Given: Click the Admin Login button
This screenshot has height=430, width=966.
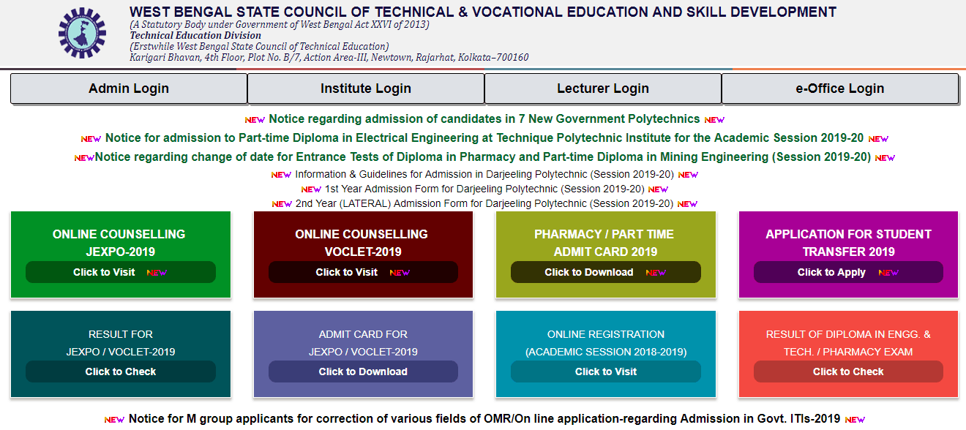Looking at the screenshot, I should pos(129,88).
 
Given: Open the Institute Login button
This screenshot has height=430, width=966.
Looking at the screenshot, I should pos(366,88).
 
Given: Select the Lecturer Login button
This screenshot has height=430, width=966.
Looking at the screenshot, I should pos(603,88).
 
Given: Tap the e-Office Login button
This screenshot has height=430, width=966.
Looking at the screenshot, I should pos(840,88).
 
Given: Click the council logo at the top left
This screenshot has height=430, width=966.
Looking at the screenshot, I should pos(82,33).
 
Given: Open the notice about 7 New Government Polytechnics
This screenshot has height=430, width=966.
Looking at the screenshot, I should pos(484,119).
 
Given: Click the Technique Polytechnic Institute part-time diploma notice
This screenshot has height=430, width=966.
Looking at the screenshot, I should pos(484,138).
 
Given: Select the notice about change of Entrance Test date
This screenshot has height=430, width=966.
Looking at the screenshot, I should pos(483,157).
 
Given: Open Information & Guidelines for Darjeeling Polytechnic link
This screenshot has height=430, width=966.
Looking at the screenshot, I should pos(484,175).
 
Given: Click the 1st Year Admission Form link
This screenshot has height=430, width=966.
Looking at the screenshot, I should pos(484,189).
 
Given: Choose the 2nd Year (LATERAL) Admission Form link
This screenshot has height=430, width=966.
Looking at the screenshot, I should pos(484,204).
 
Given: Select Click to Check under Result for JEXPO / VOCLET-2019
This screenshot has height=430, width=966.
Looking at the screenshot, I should pos(121,371).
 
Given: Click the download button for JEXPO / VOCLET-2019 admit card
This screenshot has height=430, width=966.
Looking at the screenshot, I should pos(363,371).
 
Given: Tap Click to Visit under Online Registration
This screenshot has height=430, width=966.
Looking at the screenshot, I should pos(605,371).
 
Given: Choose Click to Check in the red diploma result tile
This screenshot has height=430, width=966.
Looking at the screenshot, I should pos(848,371).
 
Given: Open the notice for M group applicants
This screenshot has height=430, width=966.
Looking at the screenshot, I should pos(484,419).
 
